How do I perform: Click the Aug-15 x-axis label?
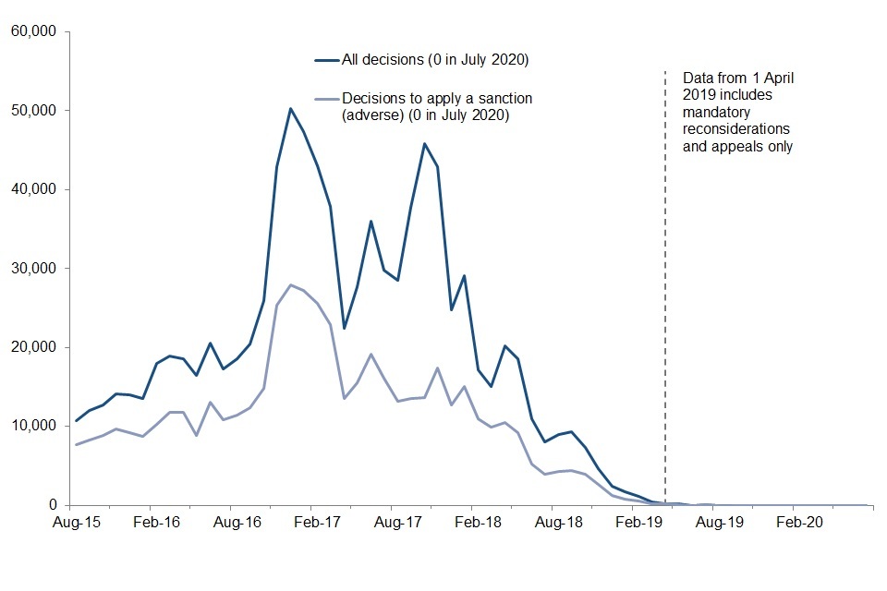pyautogui.click(x=76, y=523)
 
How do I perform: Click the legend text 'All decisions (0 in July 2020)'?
pyautogui.click(x=434, y=61)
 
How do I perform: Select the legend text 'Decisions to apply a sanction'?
pyautogui.click(x=437, y=98)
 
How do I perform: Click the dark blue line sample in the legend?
pyautogui.click(x=326, y=61)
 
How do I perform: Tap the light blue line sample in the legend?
pyautogui.click(x=326, y=98)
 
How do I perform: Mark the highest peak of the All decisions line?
pyautogui.click(x=290, y=109)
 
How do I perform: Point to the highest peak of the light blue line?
pyautogui.click(x=290, y=284)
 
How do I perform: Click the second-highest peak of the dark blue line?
pyautogui.click(x=424, y=143)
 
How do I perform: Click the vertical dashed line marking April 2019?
pyautogui.click(x=665, y=277)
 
